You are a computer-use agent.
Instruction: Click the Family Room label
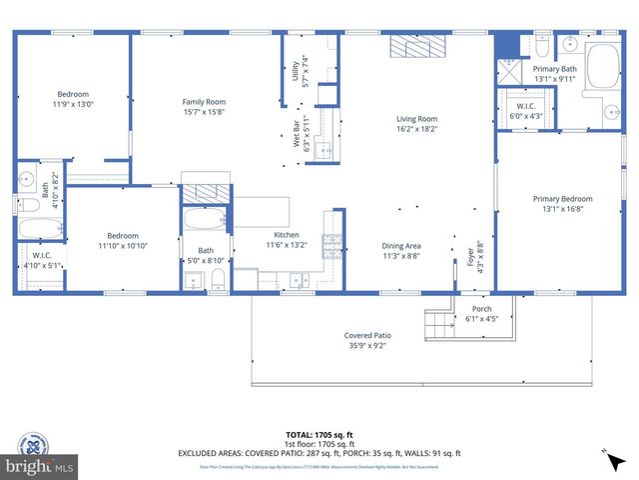(x=204, y=102)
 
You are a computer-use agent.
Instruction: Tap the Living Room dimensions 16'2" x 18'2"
(x=417, y=130)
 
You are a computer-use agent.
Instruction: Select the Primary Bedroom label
(x=562, y=198)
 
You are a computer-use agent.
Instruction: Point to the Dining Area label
(x=401, y=245)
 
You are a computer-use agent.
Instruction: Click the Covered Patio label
(x=368, y=336)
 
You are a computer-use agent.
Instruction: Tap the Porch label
(x=482, y=309)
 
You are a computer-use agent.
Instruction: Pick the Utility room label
(x=296, y=71)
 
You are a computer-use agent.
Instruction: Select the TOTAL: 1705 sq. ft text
(x=319, y=435)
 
